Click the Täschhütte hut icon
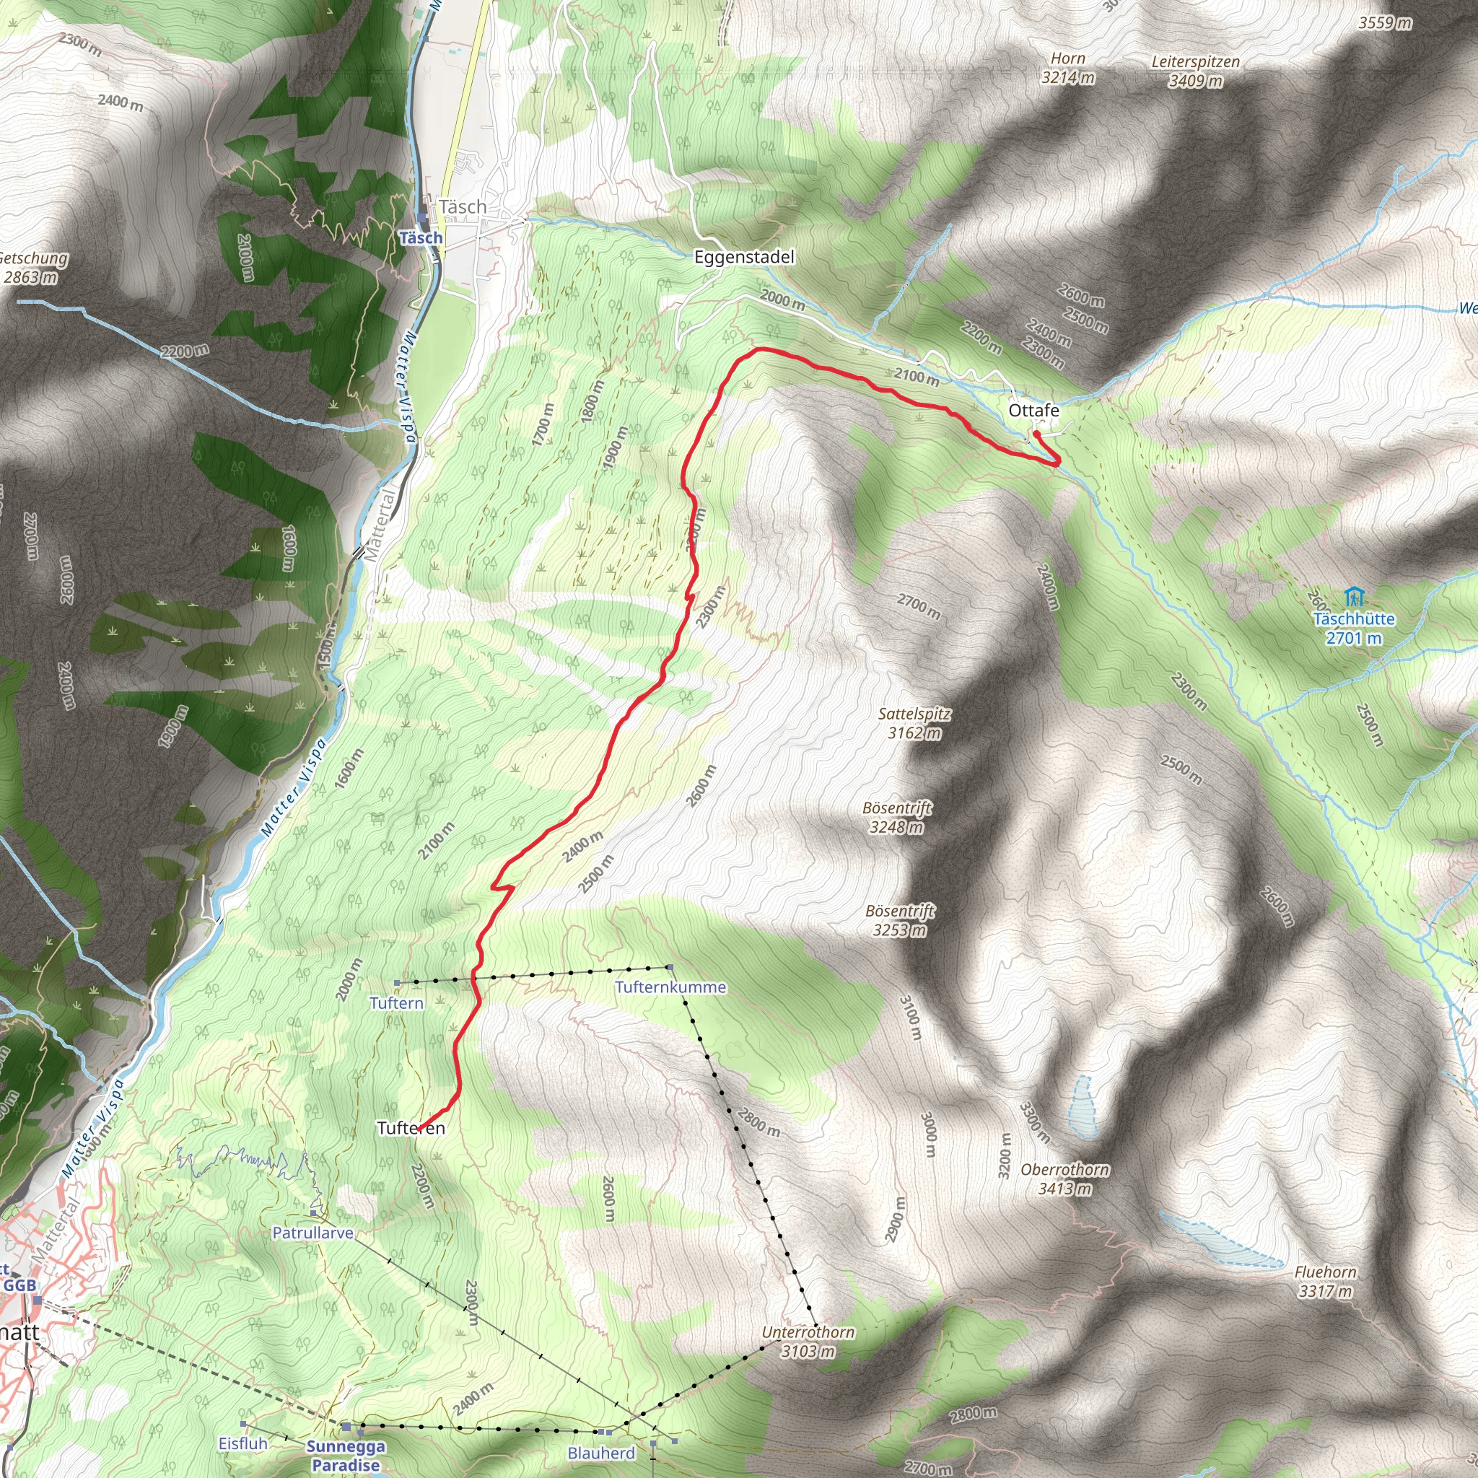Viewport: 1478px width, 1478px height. tap(1354, 596)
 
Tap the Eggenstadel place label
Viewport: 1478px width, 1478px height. tap(743, 257)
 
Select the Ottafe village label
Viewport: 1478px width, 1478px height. tap(1033, 411)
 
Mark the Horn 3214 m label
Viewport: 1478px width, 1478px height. tap(1067, 68)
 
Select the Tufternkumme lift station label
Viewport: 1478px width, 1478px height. tap(670, 987)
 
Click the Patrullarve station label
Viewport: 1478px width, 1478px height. tap(313, 1233)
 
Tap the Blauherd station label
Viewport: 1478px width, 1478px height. tap(601, 1453)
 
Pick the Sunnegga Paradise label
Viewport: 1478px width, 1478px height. tap(346, 1455)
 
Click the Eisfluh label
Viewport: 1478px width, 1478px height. tap(243, 1443)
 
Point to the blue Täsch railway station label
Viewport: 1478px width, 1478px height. tap(421, 238)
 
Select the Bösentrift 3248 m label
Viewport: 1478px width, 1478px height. tap(896, 817)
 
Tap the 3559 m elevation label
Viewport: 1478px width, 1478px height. tap(1385, 23)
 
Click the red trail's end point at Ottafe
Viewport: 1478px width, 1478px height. tap(1035, 433)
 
